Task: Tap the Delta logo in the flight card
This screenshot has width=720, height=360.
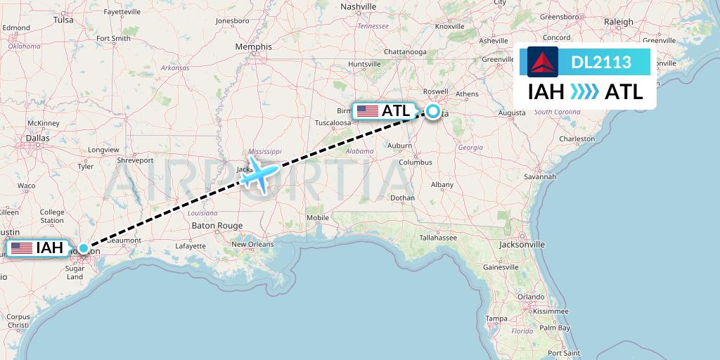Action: [543, 62]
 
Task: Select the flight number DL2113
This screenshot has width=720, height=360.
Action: [600, 63]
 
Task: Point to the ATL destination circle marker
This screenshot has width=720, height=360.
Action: [433, 111]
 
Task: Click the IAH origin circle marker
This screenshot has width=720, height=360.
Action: [84, 248]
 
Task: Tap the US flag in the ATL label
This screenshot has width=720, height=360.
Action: [367, 111]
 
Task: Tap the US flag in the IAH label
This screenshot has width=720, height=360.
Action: [22, 248]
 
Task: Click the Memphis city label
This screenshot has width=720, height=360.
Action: [253, 47]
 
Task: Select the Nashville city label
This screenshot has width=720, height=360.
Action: [359, 6]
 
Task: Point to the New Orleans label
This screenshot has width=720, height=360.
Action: [255, 244]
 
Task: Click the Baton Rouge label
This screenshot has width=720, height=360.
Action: [217, 226]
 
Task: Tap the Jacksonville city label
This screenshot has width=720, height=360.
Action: [521, 245]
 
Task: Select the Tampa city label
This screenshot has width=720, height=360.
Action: [496, 319]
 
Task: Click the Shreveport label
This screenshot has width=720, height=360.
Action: [135, 160]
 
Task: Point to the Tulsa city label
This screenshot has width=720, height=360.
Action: [63, 20]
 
